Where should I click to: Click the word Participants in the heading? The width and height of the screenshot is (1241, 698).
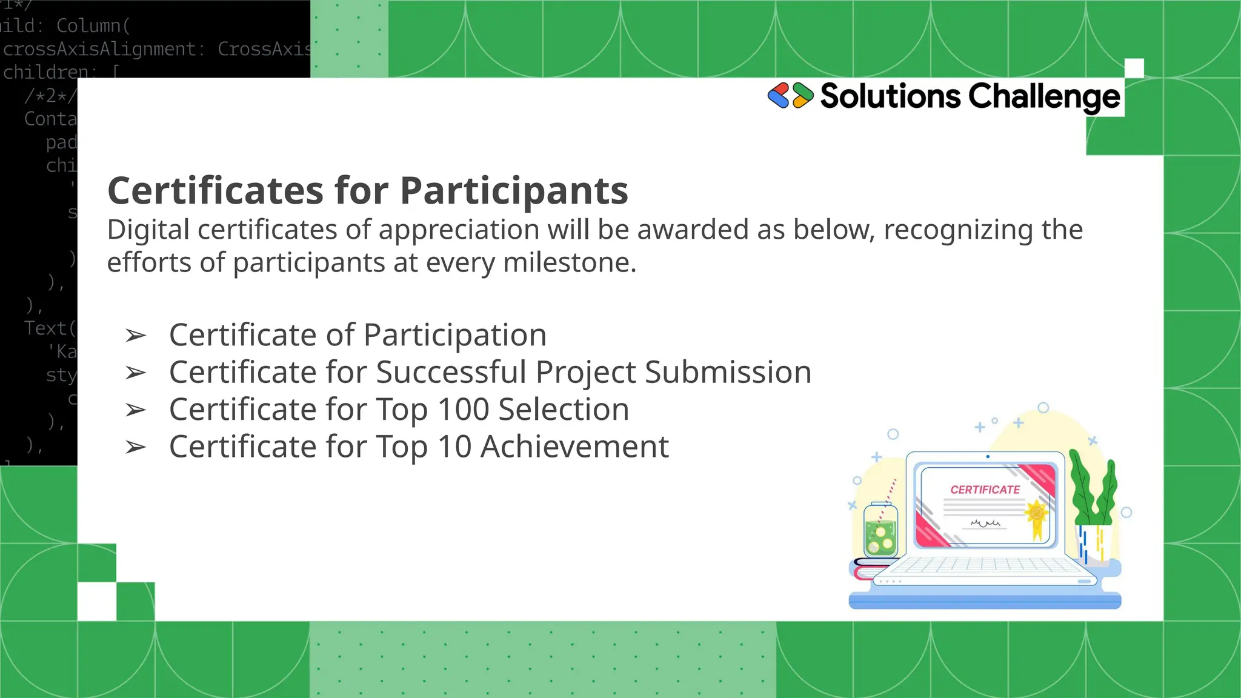[x=514, y=191]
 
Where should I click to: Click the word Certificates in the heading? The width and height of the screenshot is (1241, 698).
[x=216, y=191]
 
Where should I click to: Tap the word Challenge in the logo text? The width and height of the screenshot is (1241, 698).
[x=1044, y=96]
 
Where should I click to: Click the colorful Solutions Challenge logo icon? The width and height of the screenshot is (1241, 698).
[x=790, y=96]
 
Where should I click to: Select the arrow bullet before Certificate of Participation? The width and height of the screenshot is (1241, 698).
[x=136, y=336]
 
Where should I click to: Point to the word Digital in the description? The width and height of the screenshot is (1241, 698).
[x=148, y=230]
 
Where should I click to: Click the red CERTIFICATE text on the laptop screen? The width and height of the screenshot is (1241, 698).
[x=985, y=490]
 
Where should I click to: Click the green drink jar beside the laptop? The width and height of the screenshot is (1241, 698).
[x=880, y=531]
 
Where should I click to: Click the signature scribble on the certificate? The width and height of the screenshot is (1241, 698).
[x=985, y=523]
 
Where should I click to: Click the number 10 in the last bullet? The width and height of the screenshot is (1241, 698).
[x=454, y=447]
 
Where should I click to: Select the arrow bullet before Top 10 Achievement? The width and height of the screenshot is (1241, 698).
[x=136, y=448]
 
